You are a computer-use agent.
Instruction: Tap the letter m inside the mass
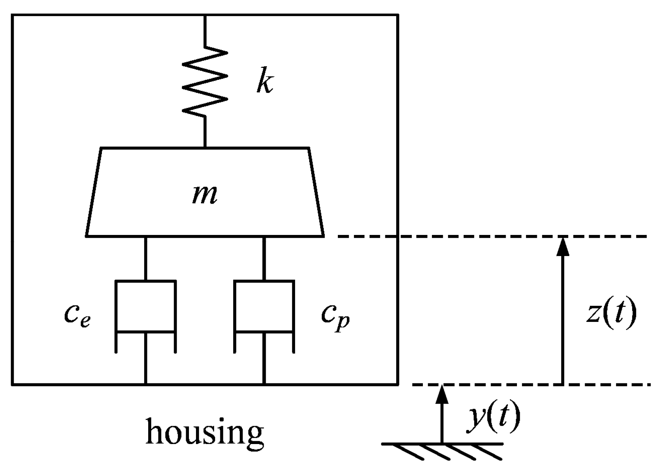pyautogui.click(x=205, y=195)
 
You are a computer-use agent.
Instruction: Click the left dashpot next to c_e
pyautogui.click(x=145, y=313)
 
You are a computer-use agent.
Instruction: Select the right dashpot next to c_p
pyautogui.click(x=264, y=313)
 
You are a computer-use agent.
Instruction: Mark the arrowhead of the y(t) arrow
pyautogui.click(x=442, y=394)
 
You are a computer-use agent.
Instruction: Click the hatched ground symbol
pyautogui.click(x=442, y=450)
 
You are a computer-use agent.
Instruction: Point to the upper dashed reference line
pyautogui.click(x=490, y=236)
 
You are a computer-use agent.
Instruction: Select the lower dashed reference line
pyautogui.click(x=510, y=385)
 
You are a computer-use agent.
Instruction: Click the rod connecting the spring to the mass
pyautogui.click(x=205, y=132)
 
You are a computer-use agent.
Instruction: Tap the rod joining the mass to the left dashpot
pyautogui.click(x=145, y=258)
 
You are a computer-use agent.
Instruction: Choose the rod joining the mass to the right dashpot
pyautogui.click(x=264, y=258)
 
